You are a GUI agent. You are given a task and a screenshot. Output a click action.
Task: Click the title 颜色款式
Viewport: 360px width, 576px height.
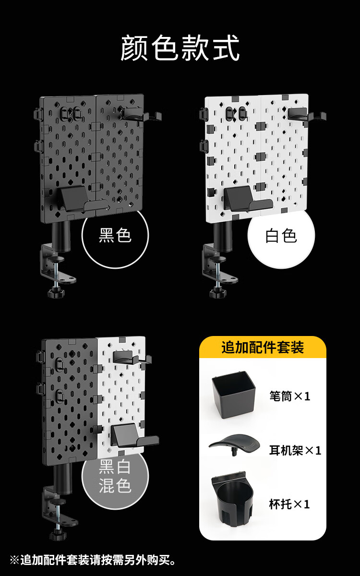tap(180, 48)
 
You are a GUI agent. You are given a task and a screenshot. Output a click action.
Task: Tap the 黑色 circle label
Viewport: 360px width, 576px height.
tap(115, 235)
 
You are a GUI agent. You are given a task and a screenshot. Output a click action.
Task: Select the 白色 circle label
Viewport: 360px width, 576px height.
tap(281, 236)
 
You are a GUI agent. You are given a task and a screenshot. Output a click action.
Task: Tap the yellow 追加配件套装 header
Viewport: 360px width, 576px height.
tap(263, 347)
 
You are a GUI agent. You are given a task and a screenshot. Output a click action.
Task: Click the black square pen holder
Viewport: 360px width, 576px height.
tap(233, 395)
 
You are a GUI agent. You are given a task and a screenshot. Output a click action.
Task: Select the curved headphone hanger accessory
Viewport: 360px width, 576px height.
tap(234, 444)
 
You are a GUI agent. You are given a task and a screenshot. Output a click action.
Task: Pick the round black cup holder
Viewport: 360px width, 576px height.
tap(232, 499)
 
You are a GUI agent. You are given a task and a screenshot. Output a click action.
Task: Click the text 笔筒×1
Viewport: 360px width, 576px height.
tap(290, 396)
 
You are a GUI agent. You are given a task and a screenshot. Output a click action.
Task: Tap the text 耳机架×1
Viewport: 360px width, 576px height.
tap(295, 451)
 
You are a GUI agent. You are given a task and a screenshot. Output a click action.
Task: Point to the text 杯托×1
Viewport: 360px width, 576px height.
tap(289, 504)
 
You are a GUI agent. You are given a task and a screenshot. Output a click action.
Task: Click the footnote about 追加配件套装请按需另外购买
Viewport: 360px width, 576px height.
tap(93, 560)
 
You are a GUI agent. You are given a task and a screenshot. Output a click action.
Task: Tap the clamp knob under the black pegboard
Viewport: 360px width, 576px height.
tap(56, 292)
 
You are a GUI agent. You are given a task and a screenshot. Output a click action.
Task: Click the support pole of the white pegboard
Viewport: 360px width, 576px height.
tap(223, 236)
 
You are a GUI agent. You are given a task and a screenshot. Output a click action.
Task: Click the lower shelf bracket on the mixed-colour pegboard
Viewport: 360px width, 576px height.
tap(134, 436)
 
